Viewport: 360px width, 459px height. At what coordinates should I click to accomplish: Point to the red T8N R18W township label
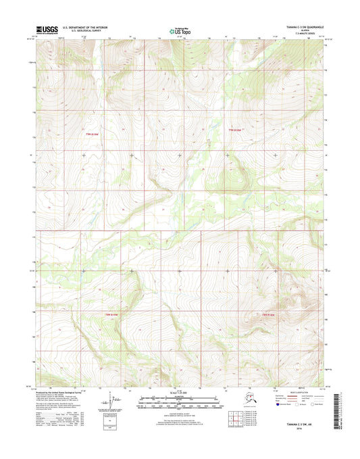269,314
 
